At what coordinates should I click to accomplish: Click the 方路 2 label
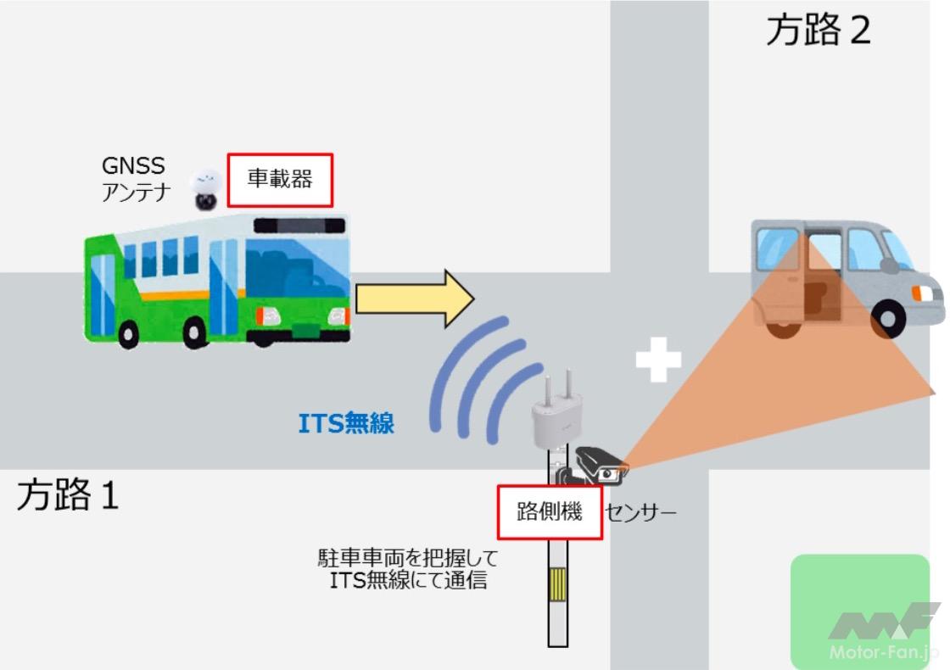tap(819, 31)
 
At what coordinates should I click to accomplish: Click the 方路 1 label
tap(67, 494)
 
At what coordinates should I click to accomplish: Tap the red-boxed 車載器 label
tap(280, 180)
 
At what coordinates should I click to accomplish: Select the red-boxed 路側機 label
tap(550, 512)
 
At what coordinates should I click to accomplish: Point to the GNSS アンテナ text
tap(136, 179)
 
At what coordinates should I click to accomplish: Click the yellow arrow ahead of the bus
tap(415, 299)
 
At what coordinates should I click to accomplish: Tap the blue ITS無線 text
tap(346, 423)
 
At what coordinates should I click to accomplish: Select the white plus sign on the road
tap(658, 360)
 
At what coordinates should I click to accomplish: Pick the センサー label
tap(640, 513)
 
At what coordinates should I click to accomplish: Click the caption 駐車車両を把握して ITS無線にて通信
tap(408, 569)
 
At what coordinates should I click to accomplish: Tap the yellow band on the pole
tap(557, 584)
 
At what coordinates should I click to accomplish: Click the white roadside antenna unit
tap(557, 412)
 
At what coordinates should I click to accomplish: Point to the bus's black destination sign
tap(299, 226)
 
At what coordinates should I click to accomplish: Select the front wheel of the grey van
tap(889, 320)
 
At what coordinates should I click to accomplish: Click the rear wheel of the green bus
tap(128, 334)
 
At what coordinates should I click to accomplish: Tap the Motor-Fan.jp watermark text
tap(883, 652)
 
